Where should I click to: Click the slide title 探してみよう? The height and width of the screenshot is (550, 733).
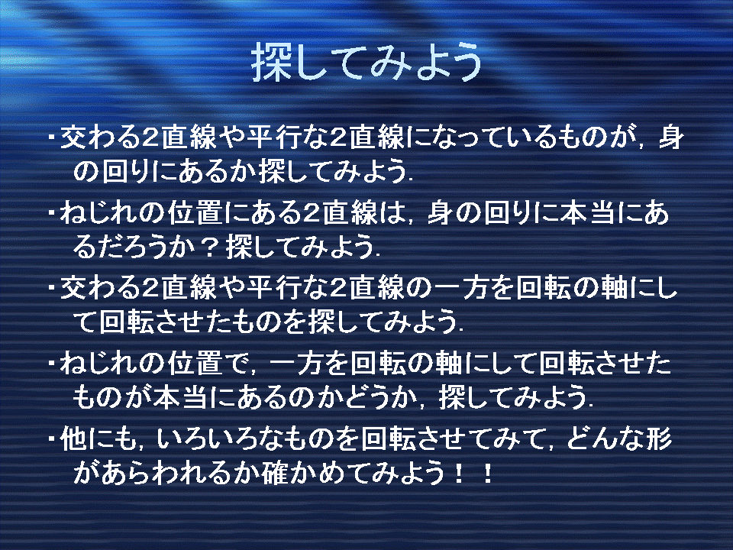367,62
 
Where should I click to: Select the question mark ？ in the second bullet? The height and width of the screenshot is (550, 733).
208,247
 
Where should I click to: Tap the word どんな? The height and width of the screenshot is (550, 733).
604,439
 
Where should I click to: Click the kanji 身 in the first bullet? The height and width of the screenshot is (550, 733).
672,137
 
